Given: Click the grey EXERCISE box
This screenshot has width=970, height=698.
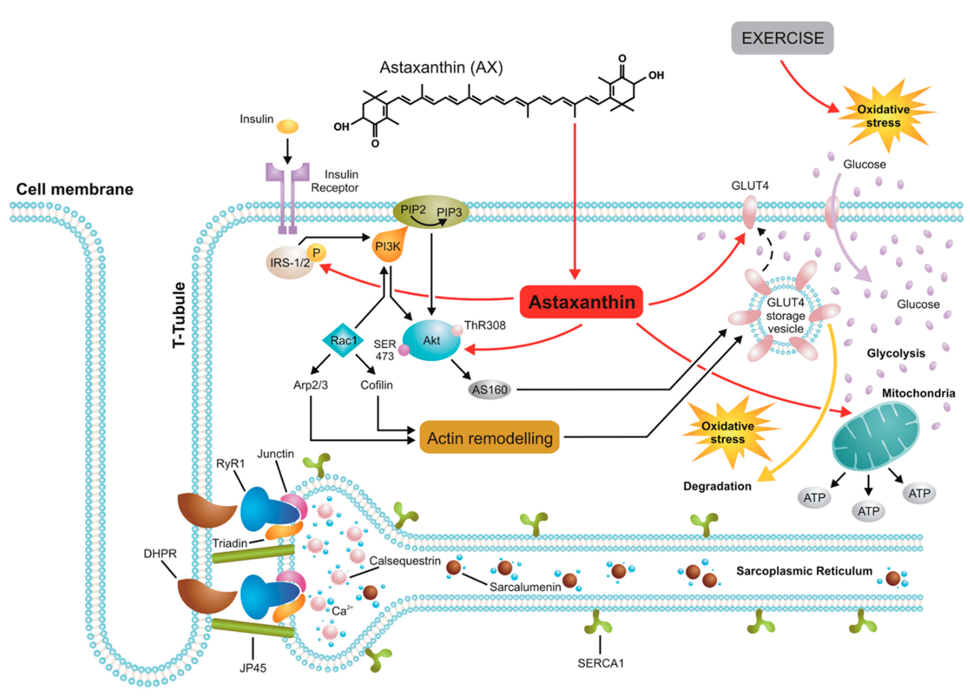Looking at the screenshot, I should point(782,38).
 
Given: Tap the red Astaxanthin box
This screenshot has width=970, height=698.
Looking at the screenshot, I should point(581,302).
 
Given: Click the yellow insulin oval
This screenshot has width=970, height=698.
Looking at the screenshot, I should point(287,126).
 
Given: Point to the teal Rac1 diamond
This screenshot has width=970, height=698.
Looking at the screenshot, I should point(343,341).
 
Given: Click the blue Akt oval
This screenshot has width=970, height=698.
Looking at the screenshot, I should point(431,341).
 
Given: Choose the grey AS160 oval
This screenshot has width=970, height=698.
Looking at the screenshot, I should point(490,390).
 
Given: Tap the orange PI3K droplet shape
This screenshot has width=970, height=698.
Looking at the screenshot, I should point(387,247).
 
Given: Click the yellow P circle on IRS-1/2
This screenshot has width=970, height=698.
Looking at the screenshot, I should point(316,253).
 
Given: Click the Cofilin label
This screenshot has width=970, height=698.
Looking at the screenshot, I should point(376,385).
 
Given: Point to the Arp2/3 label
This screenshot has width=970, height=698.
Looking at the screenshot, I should point(310,385).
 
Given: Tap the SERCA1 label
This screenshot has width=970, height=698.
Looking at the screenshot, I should point(601,663).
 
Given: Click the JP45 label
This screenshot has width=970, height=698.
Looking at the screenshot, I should point(253,668).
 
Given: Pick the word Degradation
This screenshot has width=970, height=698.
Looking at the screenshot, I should point(717,486).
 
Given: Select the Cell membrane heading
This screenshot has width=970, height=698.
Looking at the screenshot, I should point(75,189).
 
